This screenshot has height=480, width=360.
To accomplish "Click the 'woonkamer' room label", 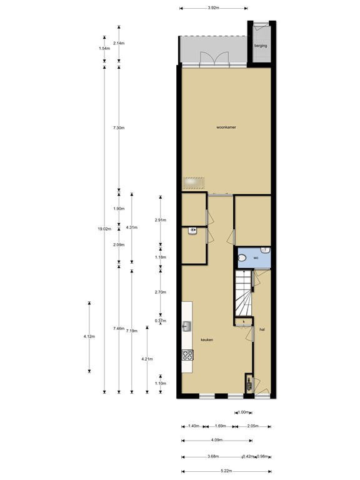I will [x=226, y=127].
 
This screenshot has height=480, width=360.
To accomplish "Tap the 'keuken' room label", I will [x=207, y=339].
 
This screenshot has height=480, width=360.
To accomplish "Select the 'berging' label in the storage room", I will [x=260, y=46].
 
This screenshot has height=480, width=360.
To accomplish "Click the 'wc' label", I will [x=256, y=256].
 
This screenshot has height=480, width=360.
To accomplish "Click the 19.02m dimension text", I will [x=104, y=229].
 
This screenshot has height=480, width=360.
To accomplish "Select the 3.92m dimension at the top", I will [x=213, y=8].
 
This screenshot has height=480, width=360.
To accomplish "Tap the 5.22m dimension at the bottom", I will [x=226, y=471].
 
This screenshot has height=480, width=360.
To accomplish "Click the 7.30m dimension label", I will [x=119, y=127].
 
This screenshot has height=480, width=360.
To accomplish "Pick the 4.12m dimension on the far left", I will [x=89, y=336].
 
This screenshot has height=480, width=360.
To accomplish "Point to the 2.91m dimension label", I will [x=160, y=220].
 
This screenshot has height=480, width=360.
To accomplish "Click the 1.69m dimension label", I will [x=220, y=426].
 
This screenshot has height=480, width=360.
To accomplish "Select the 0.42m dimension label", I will [x=249, y=457].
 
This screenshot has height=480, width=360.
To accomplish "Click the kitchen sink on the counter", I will [x=187, y=326].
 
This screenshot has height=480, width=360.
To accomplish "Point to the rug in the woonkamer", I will [x=194, y=182].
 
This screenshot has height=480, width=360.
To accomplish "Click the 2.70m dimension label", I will [x=160, y=292].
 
